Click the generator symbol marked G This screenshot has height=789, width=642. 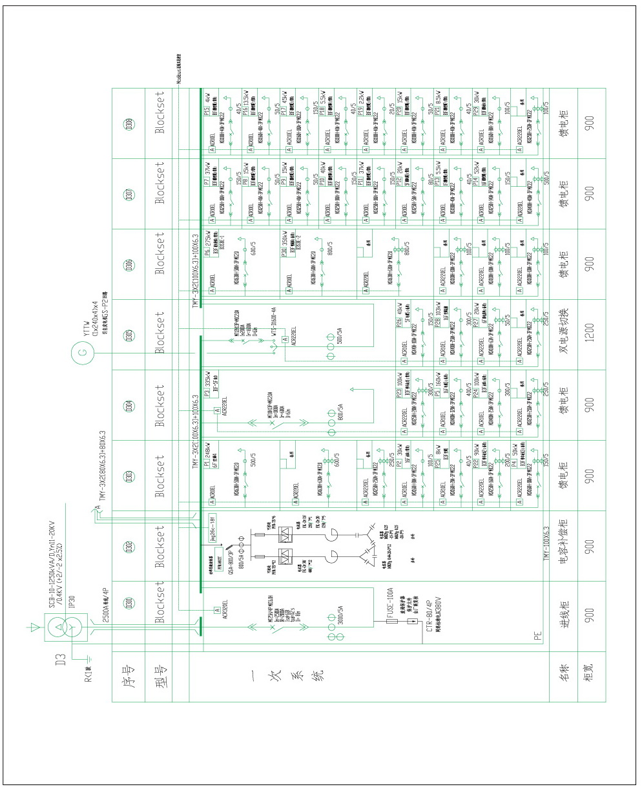click(x=81, y=352)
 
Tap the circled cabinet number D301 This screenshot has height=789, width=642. click(x=129, y=604)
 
